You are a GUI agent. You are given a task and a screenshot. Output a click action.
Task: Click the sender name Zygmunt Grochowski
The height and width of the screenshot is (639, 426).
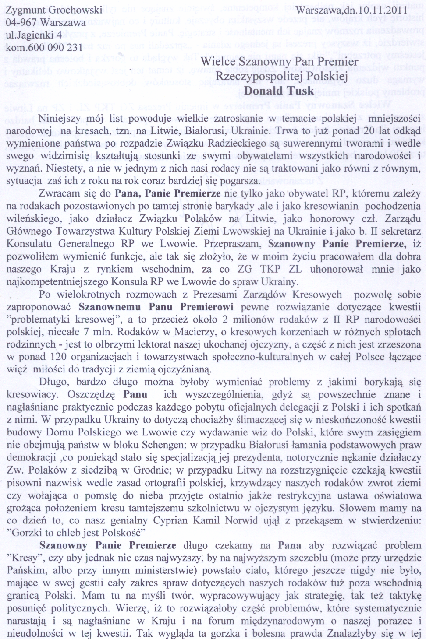click(54, 10)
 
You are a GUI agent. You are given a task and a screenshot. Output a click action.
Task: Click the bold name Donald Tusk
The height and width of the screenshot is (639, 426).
click(279, 91)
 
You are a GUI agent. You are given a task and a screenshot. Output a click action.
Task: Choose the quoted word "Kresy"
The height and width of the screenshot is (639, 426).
click(23, 558)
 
